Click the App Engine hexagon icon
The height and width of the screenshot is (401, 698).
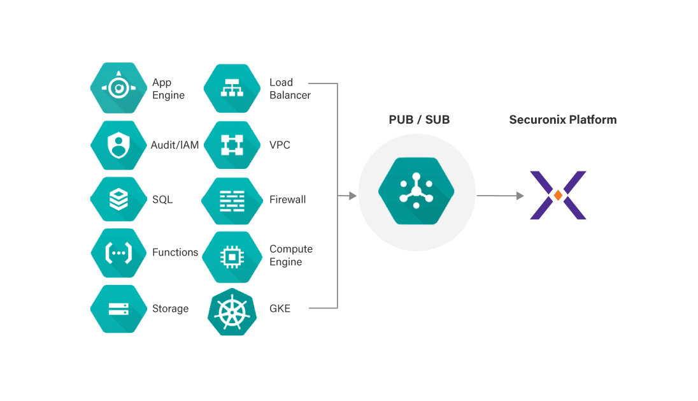pos(118,88)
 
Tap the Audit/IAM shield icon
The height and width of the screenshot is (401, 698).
pos(118,145)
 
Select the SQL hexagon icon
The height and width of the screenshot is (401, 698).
pos(118,200)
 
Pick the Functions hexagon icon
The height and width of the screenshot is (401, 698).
pos(118,253)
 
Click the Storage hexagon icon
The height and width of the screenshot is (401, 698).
pos(118,309)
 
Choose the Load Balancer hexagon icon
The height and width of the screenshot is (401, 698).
pos(232,89)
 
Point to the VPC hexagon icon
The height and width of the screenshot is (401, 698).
pos(232,145)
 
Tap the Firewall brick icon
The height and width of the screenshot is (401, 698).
pos(232,200)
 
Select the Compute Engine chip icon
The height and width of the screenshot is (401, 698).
pos(232,256)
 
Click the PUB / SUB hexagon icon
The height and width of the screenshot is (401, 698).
pos(416,191)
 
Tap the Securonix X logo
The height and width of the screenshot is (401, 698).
pos(558,195)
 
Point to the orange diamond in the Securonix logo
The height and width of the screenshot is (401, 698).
pos(558,195)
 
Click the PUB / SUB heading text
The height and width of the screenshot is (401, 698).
pos(419,120)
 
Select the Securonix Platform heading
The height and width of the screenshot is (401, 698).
pos(563,120)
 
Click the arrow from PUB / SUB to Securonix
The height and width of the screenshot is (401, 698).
pos(500,196)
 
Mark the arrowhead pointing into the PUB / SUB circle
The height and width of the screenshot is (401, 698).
pos(353,196)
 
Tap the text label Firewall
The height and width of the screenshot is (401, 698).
pos(288,200)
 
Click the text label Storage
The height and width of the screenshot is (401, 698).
pos(170,309)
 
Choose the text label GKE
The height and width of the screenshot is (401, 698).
pos(280,309)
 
